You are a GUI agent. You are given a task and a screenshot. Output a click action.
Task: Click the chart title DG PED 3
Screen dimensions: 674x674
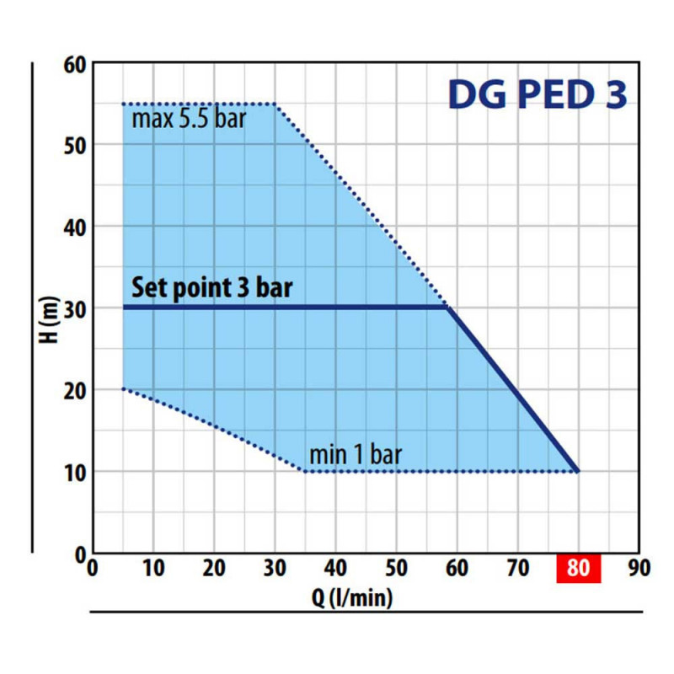[x=538, y=95]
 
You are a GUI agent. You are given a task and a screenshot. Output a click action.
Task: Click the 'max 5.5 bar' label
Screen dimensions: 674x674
[x=189, y=117]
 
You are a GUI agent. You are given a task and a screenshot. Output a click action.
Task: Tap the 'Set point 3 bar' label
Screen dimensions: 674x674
[x=212, y=288]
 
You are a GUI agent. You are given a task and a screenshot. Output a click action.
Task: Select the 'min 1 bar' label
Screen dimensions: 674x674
[x=356, y=456]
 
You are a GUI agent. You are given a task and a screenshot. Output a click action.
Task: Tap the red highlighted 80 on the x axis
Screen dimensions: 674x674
[x=578, y=569]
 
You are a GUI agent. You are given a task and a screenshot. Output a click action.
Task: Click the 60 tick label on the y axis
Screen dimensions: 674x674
[x=76, y=64]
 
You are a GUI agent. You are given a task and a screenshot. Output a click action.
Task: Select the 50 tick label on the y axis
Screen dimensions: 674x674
[x=76, y=145]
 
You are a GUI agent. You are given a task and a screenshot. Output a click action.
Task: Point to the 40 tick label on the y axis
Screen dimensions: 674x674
[x=76, y=227]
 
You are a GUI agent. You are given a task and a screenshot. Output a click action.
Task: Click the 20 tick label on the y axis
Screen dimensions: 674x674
[x=76, y=390]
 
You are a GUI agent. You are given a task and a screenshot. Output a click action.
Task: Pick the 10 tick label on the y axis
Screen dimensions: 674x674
[x=76, y=472]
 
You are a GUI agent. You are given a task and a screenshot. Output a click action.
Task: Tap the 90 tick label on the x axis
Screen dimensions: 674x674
[x=639, y=569]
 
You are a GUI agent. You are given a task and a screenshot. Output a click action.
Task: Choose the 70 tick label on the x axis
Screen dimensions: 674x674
[x=517, y=569]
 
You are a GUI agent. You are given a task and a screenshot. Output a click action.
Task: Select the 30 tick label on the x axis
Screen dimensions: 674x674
[x=275, y=569]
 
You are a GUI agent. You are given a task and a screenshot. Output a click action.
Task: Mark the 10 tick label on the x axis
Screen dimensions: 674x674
[x=153, y=569]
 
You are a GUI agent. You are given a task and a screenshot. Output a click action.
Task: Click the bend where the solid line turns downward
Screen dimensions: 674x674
[x=448, y=308]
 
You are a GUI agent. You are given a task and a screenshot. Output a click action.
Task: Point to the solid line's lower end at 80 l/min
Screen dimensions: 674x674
[x=578, y=471]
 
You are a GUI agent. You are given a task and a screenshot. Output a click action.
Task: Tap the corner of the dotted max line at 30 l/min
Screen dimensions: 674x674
[x=275, y=104]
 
